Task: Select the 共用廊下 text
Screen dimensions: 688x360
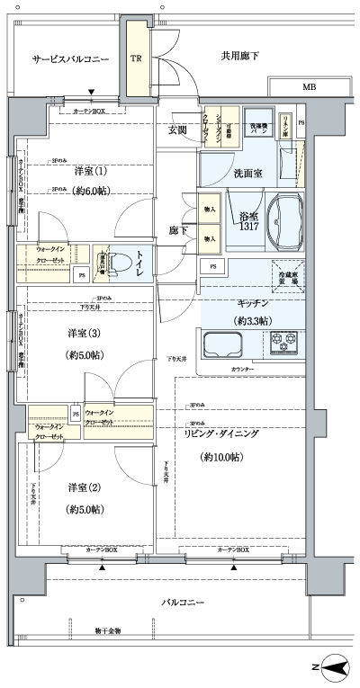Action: (240, 57)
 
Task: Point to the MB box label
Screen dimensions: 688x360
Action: (309, 87)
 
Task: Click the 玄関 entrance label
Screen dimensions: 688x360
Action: (178, 130)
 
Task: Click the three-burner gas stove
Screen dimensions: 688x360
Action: (287, 342)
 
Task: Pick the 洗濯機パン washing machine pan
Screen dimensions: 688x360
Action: (259, 127)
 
